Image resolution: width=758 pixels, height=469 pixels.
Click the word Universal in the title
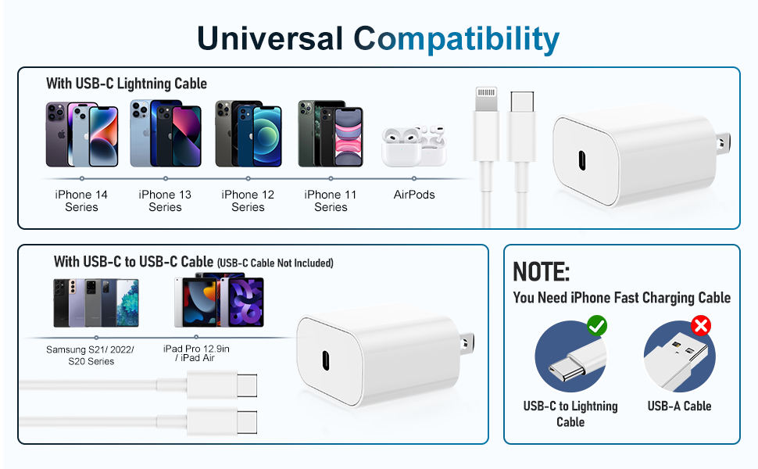(270, 38)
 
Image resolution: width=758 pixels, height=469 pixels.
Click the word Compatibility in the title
(456, 38)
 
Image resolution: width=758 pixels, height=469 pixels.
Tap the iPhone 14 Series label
(81, 201)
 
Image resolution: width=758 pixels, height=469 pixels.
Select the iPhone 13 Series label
(165, 201)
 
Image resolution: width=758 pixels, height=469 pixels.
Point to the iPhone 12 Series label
(248, 201)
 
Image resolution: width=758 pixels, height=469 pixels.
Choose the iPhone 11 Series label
(331, 201)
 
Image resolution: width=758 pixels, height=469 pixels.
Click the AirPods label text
(414, 195)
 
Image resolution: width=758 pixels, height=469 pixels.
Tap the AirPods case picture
(413, 146)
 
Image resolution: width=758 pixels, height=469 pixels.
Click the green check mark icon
(597, 324)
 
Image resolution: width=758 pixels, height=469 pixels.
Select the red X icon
(701, 325)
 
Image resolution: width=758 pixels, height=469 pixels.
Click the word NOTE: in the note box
(541, 272)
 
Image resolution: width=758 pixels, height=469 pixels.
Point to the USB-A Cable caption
(679, 406)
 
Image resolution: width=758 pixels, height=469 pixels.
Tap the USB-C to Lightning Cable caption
(570, 414)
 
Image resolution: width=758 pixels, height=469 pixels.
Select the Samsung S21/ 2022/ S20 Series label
(90, 355)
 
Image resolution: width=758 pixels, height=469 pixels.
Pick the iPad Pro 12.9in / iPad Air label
(196, 353)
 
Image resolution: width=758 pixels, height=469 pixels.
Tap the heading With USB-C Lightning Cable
(126, 84)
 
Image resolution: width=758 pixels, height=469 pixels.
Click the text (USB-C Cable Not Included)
(275, 263)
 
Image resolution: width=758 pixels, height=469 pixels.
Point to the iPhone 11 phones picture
(330, 134)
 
